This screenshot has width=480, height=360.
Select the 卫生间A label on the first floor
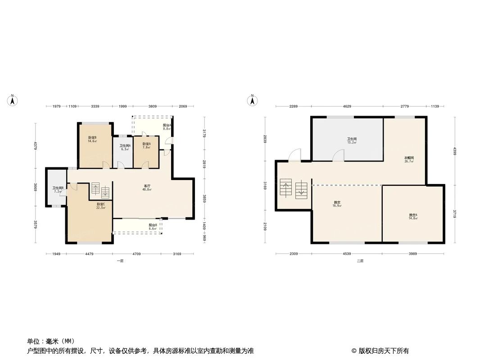125,147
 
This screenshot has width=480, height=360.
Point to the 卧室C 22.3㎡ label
100,206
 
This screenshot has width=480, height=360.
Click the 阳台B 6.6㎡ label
153,226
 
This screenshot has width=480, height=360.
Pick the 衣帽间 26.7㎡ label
408,160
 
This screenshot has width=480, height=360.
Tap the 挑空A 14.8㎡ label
413,216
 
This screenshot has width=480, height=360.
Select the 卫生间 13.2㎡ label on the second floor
352,140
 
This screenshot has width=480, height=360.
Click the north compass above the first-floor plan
13,100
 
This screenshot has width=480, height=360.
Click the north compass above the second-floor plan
253,100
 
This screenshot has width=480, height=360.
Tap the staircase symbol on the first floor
100,190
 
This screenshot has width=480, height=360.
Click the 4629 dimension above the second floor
347,106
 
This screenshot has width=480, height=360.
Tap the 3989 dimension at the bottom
413,254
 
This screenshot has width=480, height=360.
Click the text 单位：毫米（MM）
51,341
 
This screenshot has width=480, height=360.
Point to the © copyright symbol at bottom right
354,351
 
